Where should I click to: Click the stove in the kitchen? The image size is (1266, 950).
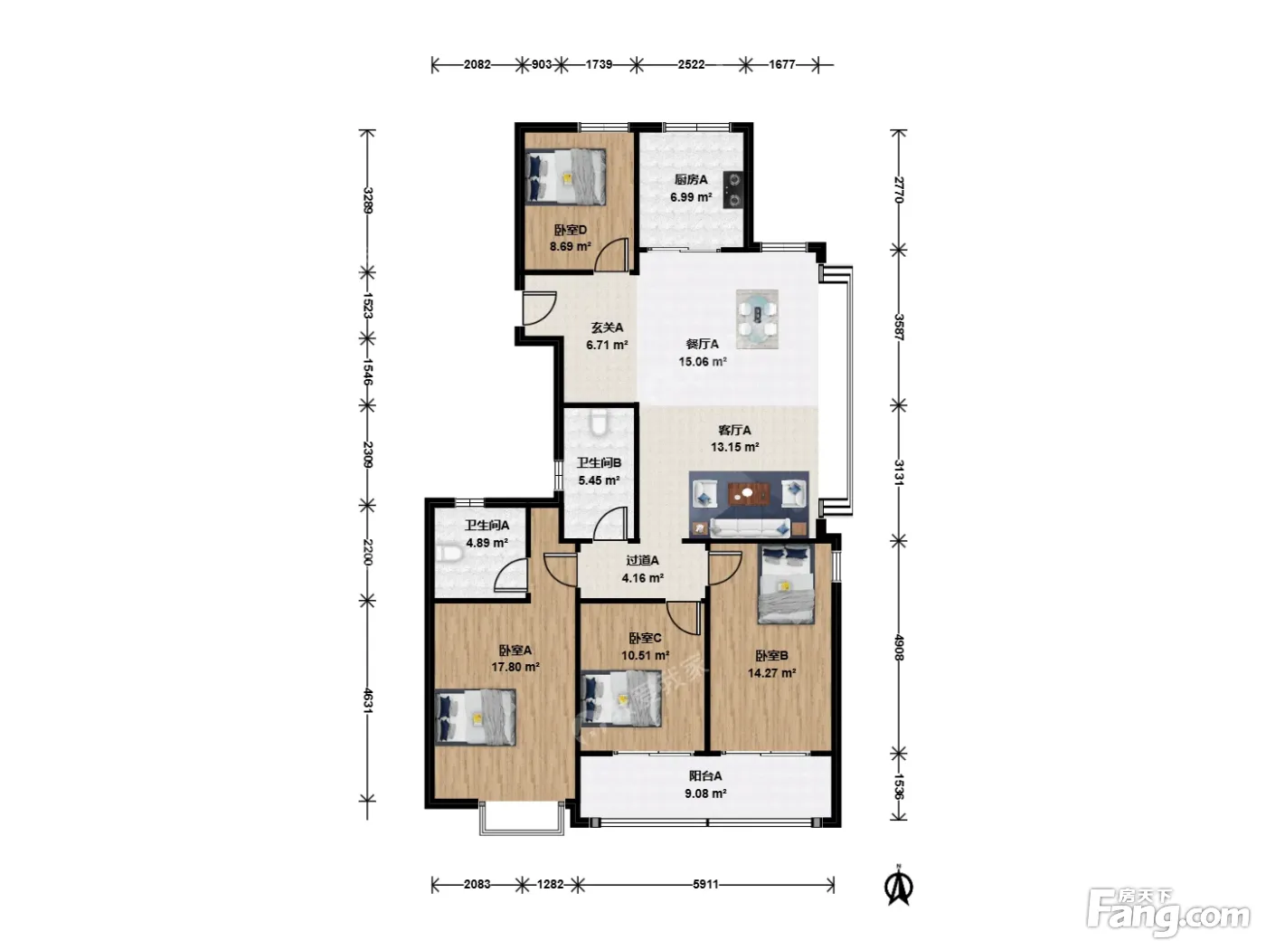(733, 189)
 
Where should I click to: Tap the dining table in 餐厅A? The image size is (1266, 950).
(757, 319)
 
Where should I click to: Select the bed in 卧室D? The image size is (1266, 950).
(565, 176)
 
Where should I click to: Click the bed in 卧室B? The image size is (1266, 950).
(787, 584)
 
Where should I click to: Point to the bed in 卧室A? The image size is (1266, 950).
(476, 717)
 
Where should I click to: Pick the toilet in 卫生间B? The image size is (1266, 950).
(600, 422)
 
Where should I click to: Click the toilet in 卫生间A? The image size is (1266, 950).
(449, 555)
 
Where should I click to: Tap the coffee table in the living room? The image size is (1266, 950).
(749, 494)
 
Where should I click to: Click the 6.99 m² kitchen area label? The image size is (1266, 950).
(690, 197)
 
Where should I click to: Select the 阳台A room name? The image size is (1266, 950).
(704, 775)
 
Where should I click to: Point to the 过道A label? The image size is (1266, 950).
(643, 560)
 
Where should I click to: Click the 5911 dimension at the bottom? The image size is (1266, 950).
(706, 884)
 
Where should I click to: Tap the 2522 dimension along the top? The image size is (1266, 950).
(691, 64)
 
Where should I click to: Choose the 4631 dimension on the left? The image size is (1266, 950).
(368, 700)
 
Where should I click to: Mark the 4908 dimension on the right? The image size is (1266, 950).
(899, 647)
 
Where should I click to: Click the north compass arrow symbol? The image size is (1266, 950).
(898, 888)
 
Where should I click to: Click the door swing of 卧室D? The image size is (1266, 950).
(610, 254)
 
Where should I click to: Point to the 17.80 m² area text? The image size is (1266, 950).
(515, 668)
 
